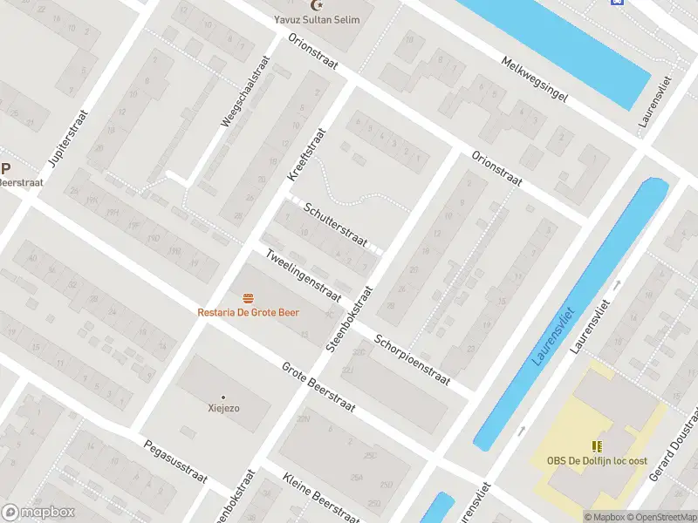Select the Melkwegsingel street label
pyautogui.click(x=533, y=79)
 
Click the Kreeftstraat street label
pyautogui.click(x=306, y=154)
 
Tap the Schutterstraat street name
pyautogui.click(x=336, y=224)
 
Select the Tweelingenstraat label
pyautogui.click(x=303, y=274)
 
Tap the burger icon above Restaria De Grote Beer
pyautogui.click(x=249, y=298)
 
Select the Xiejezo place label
pyautogui.click(x=223, y=408)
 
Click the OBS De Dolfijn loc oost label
pyautogui.click(x=597, y=460)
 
